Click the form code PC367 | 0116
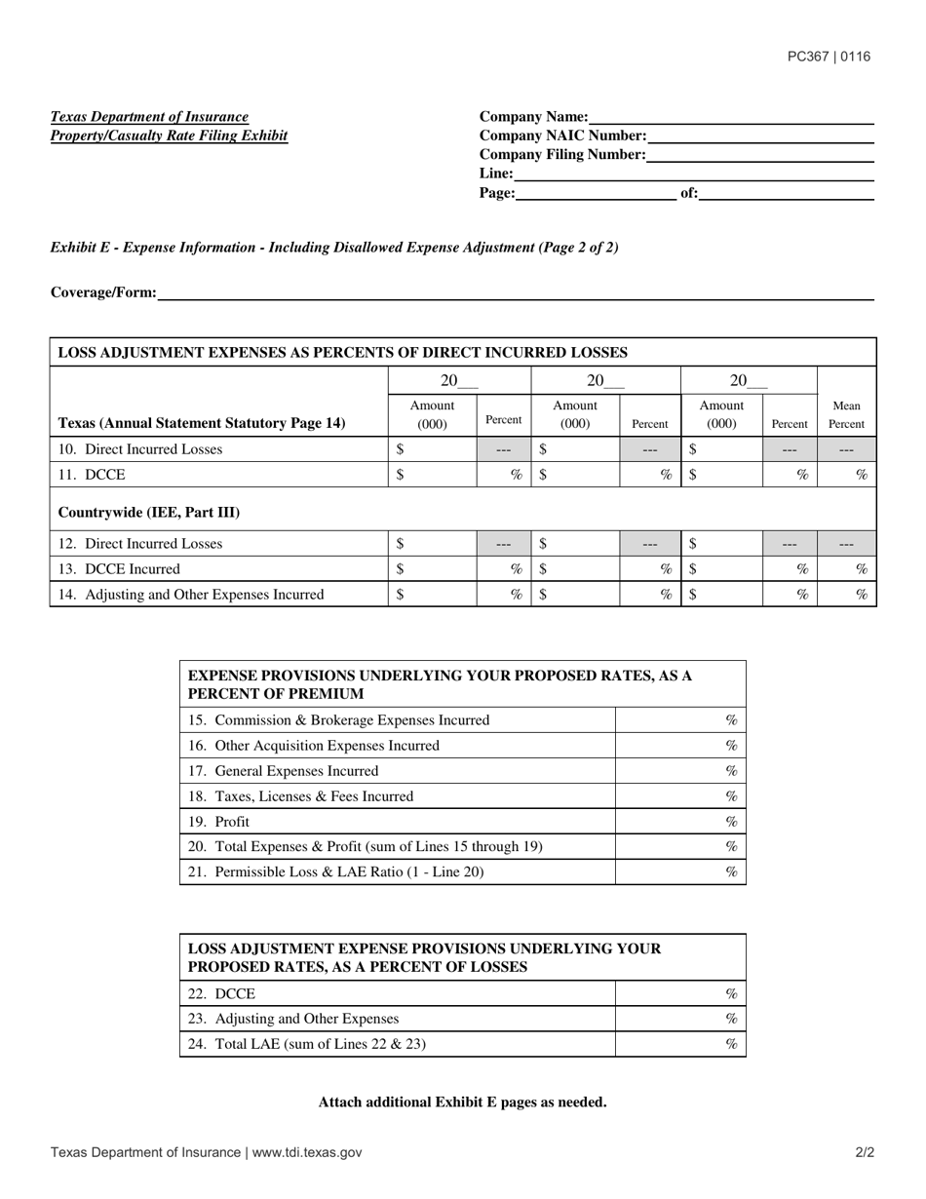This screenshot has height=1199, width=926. [829, 57]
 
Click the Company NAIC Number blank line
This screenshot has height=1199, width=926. [760, 136]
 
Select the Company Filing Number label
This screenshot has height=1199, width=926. [562, 155]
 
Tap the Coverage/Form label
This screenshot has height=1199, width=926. [103, 292]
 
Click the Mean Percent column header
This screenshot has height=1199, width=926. [846, 415]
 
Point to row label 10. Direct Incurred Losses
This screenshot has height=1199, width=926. [140, 449]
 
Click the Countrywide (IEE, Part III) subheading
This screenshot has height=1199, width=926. [149, 512]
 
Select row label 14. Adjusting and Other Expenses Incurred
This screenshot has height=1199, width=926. [191, 594]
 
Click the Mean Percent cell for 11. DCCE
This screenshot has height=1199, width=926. [847, 475]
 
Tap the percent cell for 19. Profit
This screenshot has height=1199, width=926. [680, 822]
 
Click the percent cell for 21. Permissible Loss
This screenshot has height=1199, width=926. [680, 872]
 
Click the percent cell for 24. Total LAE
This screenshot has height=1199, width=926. [680, 1044]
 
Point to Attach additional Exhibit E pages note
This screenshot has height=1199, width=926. [462, 1102]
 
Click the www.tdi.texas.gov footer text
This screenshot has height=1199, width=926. [307, 1152]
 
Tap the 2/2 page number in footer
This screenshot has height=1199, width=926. [865, 1152]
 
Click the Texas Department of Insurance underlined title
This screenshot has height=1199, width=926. [149, 117]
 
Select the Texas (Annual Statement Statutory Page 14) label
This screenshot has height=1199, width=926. [202, 423]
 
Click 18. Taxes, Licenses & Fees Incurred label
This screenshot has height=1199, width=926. [300, 796]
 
